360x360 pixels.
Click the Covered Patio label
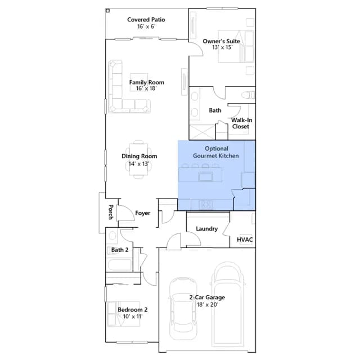tap(146, 20)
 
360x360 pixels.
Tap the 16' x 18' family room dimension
tap(146, 88)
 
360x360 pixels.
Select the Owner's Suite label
tap(221, 41)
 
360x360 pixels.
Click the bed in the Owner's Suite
tap(236, 46)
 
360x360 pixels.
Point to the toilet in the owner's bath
tap(248, 95)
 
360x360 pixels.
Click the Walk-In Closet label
tap(241, 123)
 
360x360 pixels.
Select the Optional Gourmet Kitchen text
tap(216, 152)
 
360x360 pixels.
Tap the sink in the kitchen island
tap(205, 177)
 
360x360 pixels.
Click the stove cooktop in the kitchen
tap(206, 204)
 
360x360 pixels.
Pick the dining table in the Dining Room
tap(138, 159)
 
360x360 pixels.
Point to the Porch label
tap(111, 212)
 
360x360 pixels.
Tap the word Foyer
tap(142, 213)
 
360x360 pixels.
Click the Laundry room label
tap(206, 229)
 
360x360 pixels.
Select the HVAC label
tap(245, 240)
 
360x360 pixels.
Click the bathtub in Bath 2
tap(119, 264)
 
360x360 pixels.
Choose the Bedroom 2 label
tap(133, 309)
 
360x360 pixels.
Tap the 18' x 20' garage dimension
tap(207, 305)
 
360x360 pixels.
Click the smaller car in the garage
tap(183, 309)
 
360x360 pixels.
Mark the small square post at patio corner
tap(107, 11)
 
